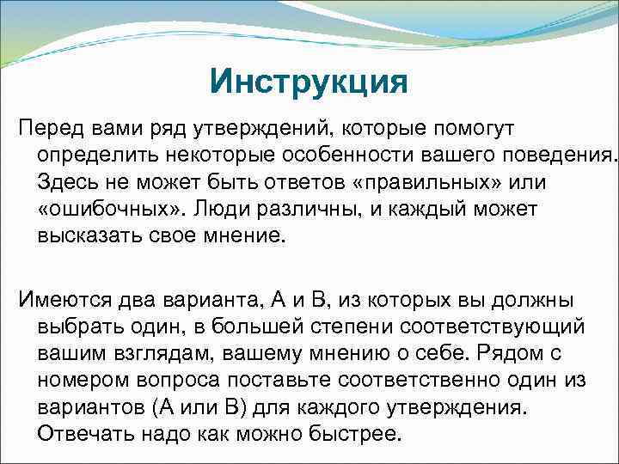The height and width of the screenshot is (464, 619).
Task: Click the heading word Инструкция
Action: (x=307, y=84)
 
